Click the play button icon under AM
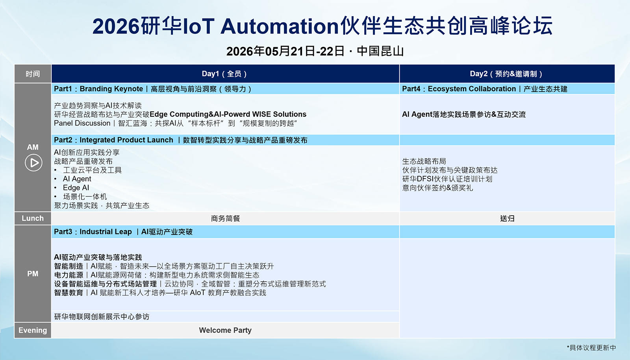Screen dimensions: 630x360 (x=33, y=163)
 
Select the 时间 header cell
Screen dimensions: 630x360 (x=33, y=74)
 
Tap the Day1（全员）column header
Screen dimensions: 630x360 (x=225, y=74)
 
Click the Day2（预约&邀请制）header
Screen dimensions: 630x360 (x=507, y=74)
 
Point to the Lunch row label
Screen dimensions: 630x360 (x=33, y=218)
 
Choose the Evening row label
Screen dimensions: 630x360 (x=33, y=330)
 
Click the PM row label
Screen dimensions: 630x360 (x=33, y=274)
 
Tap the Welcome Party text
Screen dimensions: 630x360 (x=225, y=330)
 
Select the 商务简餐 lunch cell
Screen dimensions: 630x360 (x=225, y=218)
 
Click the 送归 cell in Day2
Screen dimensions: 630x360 (x=507, y=218)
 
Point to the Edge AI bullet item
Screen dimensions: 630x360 (x=76, y=188)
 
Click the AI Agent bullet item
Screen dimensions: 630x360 (x=77, y=179)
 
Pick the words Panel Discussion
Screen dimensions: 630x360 (x=82, y=123)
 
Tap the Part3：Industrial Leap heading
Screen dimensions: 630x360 (x=93, y=232)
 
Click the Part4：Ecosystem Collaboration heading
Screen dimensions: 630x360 (x=459, y=89)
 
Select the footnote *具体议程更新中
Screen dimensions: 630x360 (x=591, y=348)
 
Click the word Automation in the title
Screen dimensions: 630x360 (x=279, y=26)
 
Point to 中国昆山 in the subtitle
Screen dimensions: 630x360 (x=380, y=51)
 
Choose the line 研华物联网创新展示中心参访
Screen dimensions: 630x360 (x=102, y=317)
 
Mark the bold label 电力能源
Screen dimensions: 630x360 (x=69, y=275)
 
